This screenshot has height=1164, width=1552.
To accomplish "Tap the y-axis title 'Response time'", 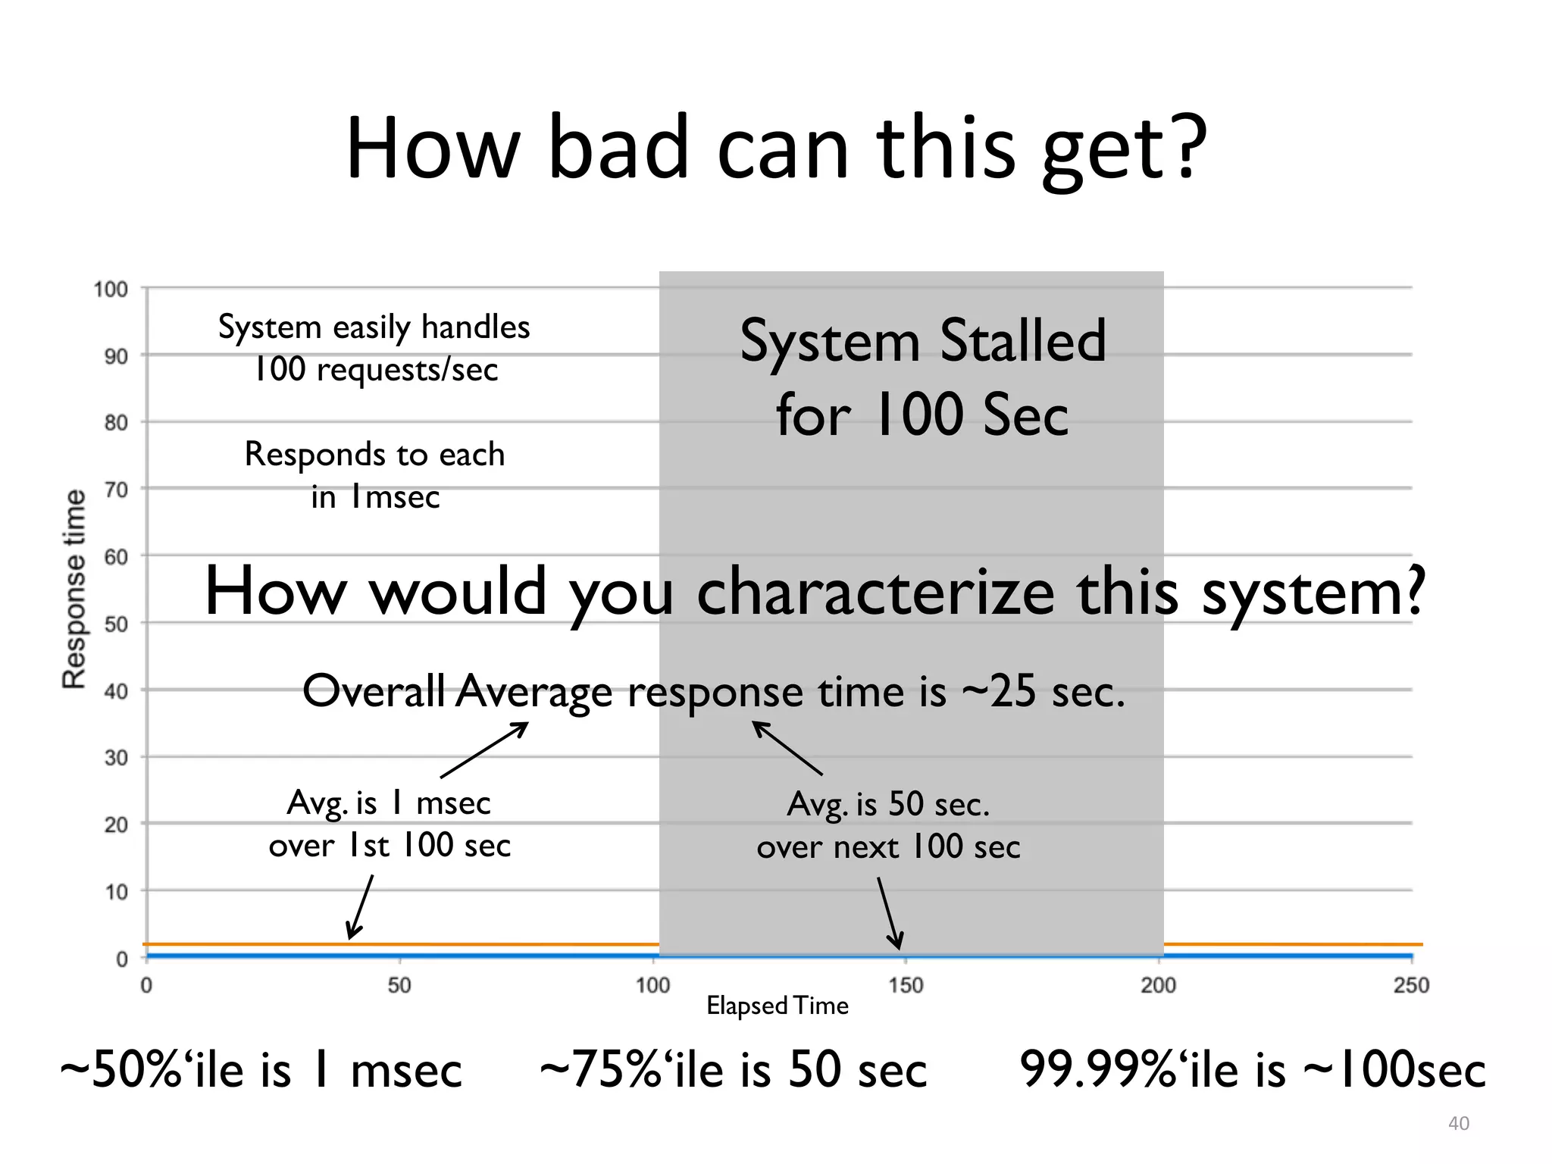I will coord(74,589).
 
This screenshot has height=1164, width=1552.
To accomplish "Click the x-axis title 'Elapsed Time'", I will coord(777,1006).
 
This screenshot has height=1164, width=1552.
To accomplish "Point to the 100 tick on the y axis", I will coord(111,289).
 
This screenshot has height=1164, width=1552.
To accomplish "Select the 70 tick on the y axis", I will coord(116,490).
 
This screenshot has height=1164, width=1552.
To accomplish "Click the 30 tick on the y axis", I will coord(116,757).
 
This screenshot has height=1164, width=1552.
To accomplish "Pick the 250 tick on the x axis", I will coord(1411,985).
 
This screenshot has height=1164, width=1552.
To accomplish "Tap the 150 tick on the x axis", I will coord(906,985).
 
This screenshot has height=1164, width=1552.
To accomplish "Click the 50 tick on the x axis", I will coord(399,985).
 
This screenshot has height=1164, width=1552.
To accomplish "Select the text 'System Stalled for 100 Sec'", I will coord(922,377).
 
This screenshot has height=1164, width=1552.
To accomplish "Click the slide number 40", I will coord(1458,1123).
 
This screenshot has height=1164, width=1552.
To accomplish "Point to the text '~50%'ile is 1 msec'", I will coord(261,1069).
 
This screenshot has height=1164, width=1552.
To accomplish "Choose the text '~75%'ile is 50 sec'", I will coord(733,1069).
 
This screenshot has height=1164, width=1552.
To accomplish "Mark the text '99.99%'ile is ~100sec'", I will coord(1253,1069).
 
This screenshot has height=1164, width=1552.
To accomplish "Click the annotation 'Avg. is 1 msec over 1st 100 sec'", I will coord(390,824).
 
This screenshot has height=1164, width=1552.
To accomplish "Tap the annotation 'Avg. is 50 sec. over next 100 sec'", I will coord(888,825).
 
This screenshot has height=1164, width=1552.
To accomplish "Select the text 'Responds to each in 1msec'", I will coord(375,475).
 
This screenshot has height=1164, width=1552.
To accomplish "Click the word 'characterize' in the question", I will coord(875,592).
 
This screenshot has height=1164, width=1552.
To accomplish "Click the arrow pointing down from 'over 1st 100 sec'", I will coord(361,907).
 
